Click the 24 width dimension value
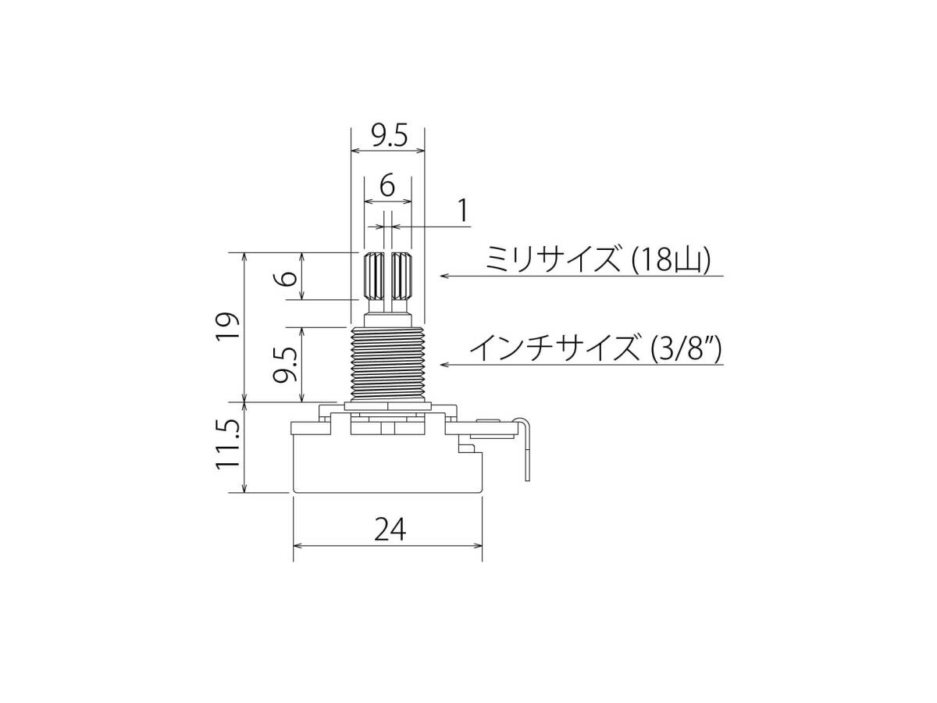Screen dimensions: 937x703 click(x=390, y=529)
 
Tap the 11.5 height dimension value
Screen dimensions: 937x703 click(x=226, y=444)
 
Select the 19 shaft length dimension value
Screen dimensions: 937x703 click(x=226, y=327)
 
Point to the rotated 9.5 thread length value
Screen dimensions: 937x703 click(x=285, y=364)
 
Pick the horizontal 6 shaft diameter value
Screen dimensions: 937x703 click(x=387, y=186)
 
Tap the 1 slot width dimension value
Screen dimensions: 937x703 click(x=463, y=210)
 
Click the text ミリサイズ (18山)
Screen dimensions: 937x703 click(x=598, y=259)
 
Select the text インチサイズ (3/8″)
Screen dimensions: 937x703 click(x=597, y=348)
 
